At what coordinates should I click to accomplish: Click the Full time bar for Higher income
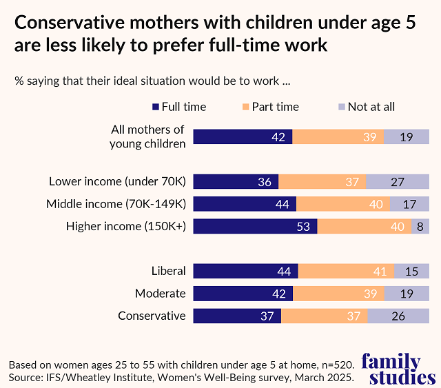click(x=255, y=226)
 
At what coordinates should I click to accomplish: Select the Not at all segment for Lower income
click(x=399, y=182)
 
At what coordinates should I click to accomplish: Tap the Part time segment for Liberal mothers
click(x=346, y=272)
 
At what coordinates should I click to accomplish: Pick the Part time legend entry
click(x=269, y=107)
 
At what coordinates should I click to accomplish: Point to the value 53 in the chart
click(x=303, y=226)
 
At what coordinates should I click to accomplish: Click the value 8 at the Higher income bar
click(x=418, y=226)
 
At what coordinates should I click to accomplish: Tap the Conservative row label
click(x=152, y=316)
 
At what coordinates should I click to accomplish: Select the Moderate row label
click(x=160, y=294)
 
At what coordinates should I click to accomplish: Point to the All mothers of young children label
click(x=147, y=136)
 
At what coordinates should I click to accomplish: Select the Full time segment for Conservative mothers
click(x=237, y=316)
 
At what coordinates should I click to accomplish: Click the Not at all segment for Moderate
click(x=406, y=294)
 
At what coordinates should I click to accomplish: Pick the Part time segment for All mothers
click(x=338, y=137)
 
